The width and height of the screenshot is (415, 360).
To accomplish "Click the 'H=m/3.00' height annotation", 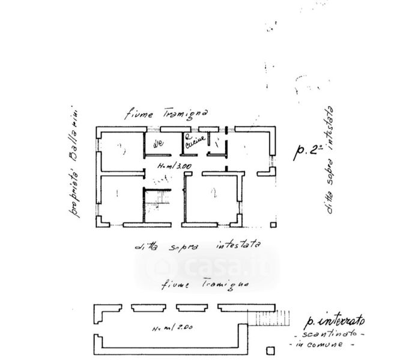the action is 174,166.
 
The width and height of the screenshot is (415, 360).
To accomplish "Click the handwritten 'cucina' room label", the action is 195,139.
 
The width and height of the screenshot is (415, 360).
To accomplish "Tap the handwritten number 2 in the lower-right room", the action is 213,193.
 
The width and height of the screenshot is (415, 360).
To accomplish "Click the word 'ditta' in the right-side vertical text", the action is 328,199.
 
